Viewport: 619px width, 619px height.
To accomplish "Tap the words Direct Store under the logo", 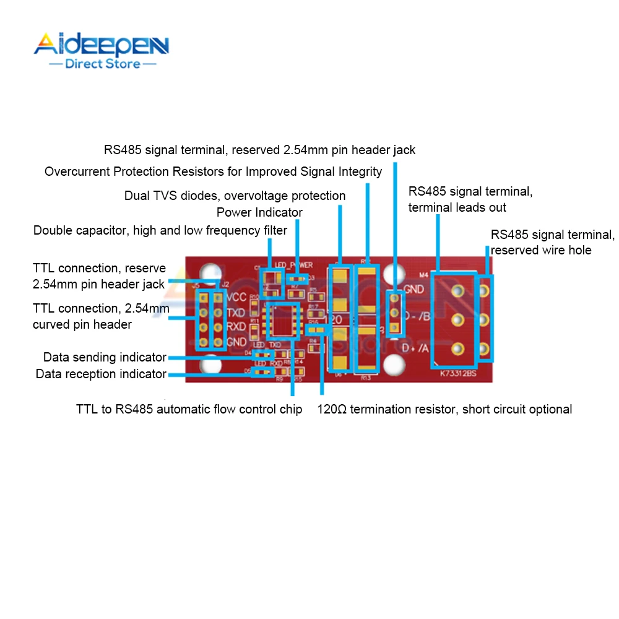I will (103, 64).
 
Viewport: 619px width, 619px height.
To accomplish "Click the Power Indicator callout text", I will (259, 213).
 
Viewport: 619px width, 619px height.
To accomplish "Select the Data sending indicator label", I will (105, 357).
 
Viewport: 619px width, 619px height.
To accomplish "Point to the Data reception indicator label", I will (101, 374).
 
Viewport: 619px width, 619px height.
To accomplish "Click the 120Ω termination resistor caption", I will (444, 409).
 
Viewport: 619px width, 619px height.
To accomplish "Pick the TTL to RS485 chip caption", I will (189, 409).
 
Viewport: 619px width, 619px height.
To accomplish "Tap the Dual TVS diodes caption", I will (235, 196).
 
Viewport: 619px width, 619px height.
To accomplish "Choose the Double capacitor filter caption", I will (160, 231).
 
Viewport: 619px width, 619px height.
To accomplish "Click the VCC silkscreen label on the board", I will (236, 296).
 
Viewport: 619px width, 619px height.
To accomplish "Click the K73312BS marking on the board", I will (459, 374).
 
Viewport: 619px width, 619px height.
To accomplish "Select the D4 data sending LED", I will (262, 354).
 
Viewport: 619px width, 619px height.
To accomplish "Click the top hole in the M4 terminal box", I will (457, 290).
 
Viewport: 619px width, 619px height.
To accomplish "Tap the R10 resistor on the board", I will (254, 297).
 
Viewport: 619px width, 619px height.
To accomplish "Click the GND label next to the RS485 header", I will (413, 289).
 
